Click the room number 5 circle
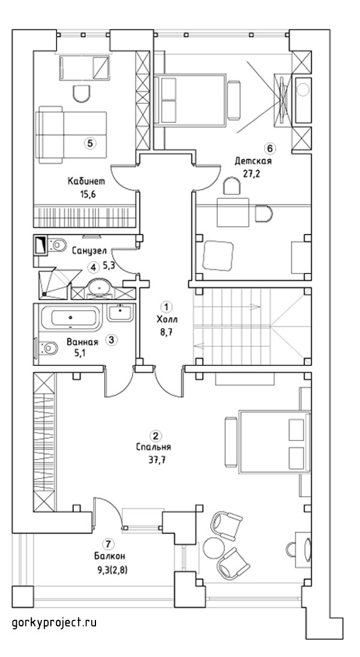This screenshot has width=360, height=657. [x=89, y=143]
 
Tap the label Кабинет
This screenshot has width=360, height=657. [x=86, y=181]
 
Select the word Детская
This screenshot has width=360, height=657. [x=253, y=161]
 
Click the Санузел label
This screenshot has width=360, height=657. [x=89, y=251]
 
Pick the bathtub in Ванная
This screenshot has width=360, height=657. [x=70, y=318]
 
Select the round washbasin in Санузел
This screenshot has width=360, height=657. [x=100, y=287]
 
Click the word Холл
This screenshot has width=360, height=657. [x=167, y=320]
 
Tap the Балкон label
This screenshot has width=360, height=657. [x=109, y=556]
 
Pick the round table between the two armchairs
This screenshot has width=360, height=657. [x=214, y=547]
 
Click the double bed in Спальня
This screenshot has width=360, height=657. [x=268, y=442]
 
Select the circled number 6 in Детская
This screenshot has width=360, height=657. [x=270, y=148]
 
